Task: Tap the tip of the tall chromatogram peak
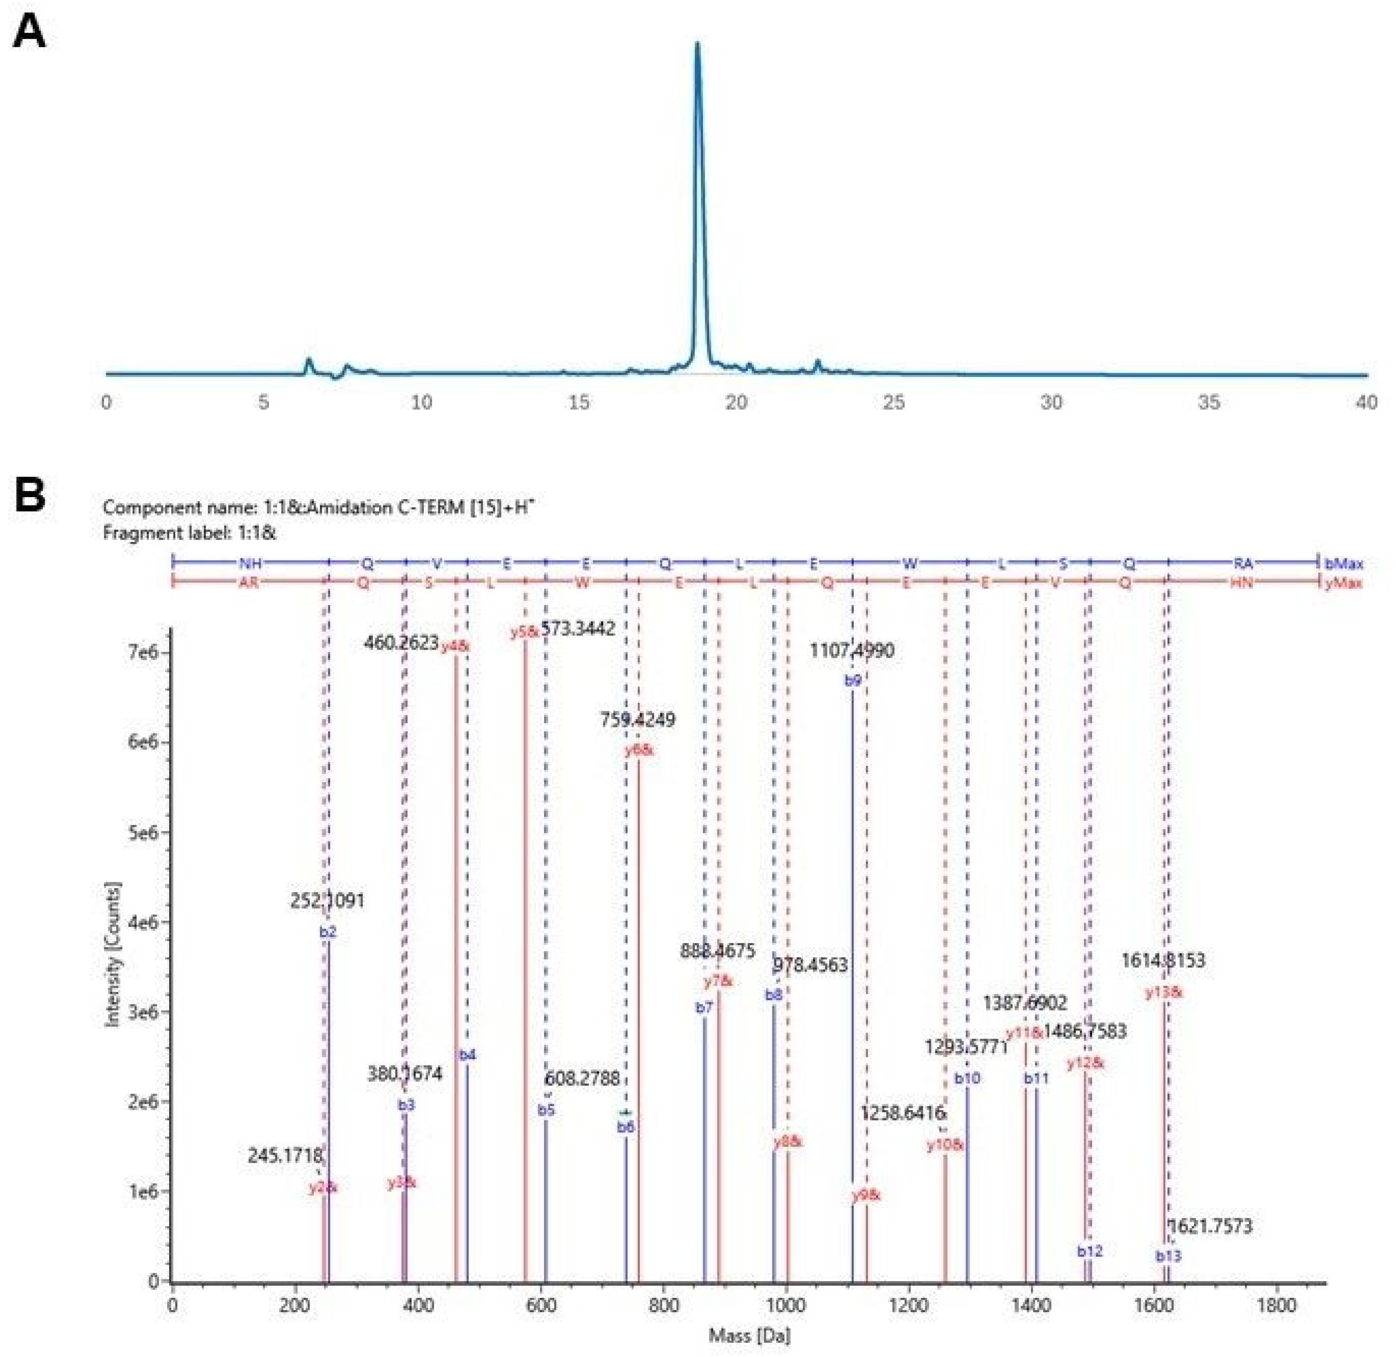697,44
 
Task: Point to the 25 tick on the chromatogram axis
894,403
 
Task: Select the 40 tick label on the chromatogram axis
1365,403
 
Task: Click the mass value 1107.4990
851,650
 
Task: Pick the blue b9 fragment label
853,681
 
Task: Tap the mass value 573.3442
577,629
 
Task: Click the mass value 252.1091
327,901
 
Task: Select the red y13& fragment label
1163,992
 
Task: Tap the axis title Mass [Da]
749,1336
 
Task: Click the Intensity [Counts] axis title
113,955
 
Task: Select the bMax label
1344,564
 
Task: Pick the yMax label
1344,583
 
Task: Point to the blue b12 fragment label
1090,1251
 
